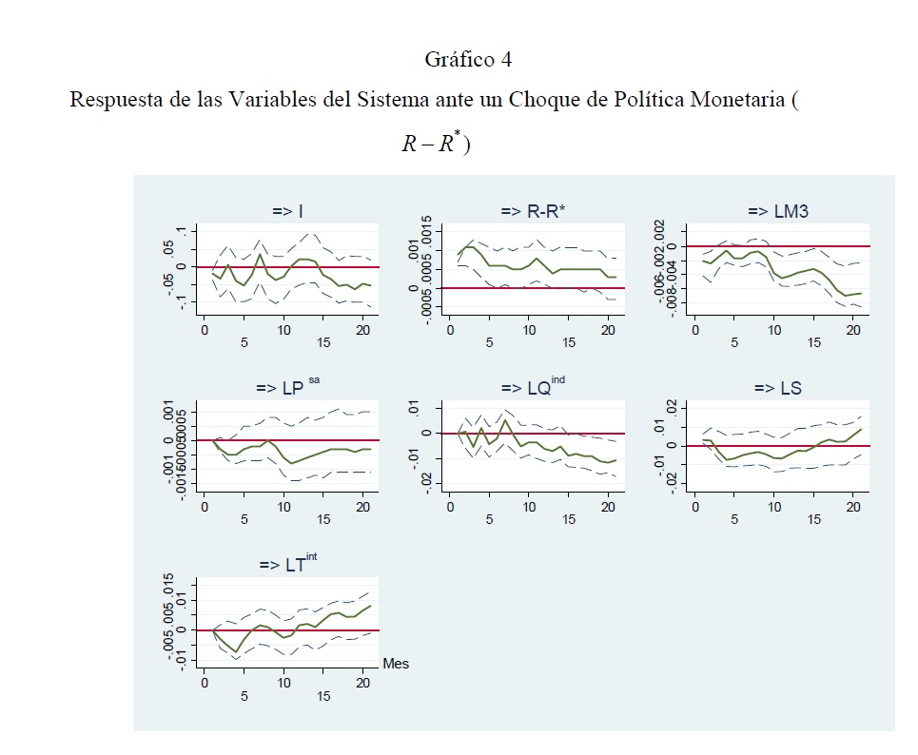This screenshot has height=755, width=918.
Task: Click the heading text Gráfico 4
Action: click(467, 60)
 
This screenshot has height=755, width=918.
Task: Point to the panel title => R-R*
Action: click(533, 212)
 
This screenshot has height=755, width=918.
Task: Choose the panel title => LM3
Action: click(778, 212)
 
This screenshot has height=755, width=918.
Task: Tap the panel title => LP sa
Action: click(286, 388)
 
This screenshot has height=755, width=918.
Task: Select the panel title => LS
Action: click(777, 388)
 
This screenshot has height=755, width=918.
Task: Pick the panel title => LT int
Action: click(288, 565)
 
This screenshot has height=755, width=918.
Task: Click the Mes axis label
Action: click(396, 664)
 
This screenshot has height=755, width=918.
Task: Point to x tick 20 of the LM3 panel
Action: click(854, 329)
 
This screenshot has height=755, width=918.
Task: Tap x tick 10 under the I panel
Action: click(283, 329)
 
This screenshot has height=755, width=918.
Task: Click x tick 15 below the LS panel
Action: click(815, 520)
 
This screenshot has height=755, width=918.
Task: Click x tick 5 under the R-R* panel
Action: click(490, 342)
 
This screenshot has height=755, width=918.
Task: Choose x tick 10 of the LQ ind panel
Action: click(529, 507)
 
